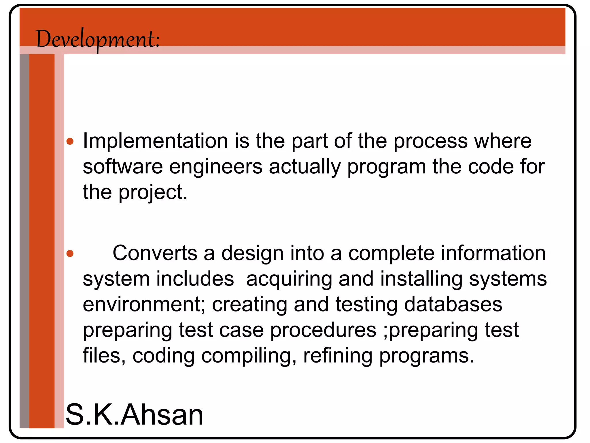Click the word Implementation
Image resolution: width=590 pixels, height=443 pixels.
pos(156,141)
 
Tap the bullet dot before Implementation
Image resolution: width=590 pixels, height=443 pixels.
pos(70,141)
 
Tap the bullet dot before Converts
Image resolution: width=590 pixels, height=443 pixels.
pos(70,254)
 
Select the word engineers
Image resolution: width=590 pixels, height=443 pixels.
pos(216,167)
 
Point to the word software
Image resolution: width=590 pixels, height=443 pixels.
pos(123,167)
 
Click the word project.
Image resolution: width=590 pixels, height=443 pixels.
pos(153,193)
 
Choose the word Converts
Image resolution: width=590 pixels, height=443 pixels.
pos(155,253)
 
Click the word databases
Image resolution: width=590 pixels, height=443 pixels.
pos(453,305)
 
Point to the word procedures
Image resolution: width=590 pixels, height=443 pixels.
pos(323,330)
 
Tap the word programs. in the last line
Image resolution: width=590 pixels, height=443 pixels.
pos(426,356)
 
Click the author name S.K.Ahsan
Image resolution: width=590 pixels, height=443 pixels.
pos(135,414)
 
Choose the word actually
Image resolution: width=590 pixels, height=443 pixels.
pos(305,167)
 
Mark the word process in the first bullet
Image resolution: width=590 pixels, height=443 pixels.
pos(430,141)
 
